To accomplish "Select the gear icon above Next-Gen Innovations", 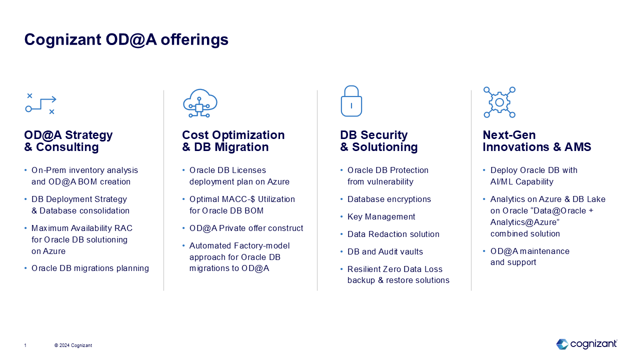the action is [499, 102].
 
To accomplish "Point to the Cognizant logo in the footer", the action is [586, 344].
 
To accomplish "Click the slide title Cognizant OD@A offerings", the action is [126, 39].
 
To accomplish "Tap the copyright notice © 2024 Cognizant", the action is [73, 345].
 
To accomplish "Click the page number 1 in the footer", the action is [25, 345].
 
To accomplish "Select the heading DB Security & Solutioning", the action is [379, 141].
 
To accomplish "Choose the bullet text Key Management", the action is [381, 217].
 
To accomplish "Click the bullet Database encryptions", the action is [389, 199].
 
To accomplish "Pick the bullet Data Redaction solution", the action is [393, 234].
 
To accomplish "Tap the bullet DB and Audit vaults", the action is [385, 251].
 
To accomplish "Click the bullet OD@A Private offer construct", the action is [246, 228].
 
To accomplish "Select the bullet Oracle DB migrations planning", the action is [90, 268].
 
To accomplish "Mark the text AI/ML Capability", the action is [522, 181].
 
